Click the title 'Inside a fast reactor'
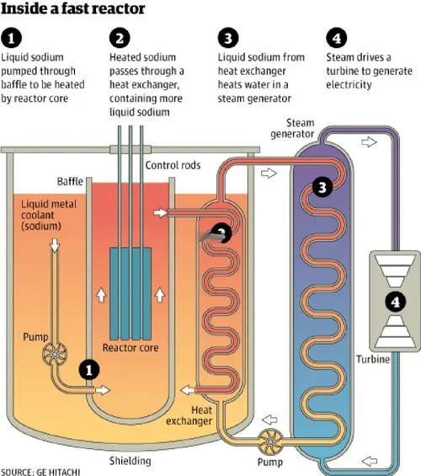pos(72,8)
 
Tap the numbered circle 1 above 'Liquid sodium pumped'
pos(11,38)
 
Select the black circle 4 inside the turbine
pos(395,302)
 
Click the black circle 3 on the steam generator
pos(322,187)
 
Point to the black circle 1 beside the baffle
pos(89,370)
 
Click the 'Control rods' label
pos(173,165)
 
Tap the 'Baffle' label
pos(70,181)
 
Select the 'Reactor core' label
pos(131,348)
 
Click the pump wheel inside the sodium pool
pos(55,354)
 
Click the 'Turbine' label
pos(373,359)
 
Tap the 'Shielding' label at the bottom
pos(131,461)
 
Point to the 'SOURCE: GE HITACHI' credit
pos(40,473)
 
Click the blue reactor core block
pos(131,293)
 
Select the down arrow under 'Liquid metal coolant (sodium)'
pos(54,246)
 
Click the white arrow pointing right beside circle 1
pos(103,390)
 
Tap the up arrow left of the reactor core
pos(101,295)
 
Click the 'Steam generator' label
pos(292,128)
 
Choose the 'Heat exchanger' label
pos(189,415)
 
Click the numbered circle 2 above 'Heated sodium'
pos(120,38)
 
